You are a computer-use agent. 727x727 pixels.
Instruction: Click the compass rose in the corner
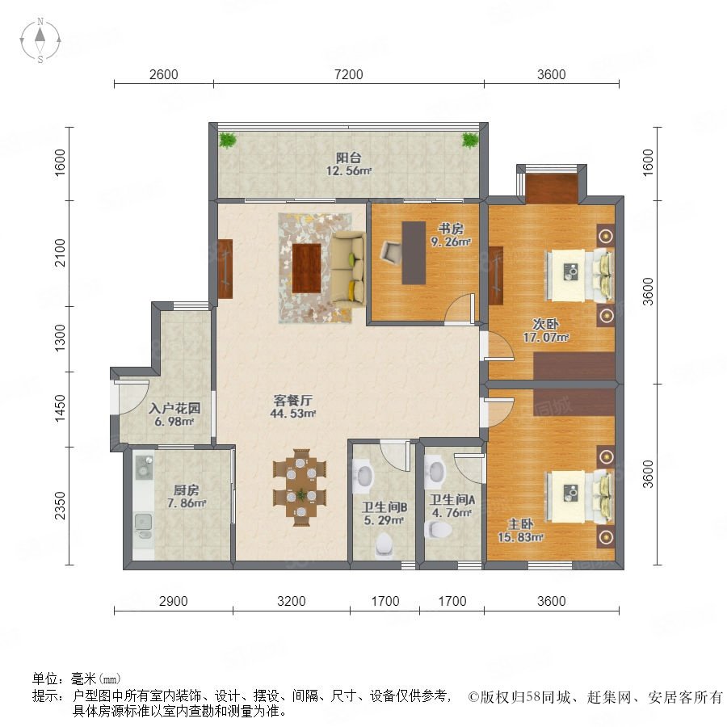pyautogui.click(x=40, y=40)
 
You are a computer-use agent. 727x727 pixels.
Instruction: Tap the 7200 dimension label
pyautogui.click(x=349, y=74)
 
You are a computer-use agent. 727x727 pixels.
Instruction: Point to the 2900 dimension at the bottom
pyautogui.click(x=174, y=601)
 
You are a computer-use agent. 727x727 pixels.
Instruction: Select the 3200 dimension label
pyautogui.click(x=291, y=601)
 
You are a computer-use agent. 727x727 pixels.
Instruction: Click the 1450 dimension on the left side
pyautogui.click(x=61, y=409)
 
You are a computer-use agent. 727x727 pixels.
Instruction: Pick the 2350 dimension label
pyautogui.click(x=61, y=506)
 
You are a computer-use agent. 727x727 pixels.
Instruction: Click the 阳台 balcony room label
pyautogui.click(x=349, y=158)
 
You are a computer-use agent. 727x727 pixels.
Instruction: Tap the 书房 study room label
pyautogui.click(x=451, y=229)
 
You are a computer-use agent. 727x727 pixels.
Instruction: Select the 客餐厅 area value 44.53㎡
pyautogui.click(x=293, y=414)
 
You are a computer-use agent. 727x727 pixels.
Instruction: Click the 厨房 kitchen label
pyautogui.click(x=187, y=490)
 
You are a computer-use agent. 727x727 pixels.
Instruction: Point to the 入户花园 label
pyautogui.click(x=174, y=409)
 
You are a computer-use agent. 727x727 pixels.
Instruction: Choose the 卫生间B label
pyautogui.click(x=385, y=508)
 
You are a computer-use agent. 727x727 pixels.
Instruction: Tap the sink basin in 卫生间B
pyautogui.click(x=364, y=476)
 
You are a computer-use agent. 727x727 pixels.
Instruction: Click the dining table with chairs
pyautogui.click(x=300, y=487)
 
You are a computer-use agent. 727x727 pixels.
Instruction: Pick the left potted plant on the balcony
pyautogui.click(x=227, y=140)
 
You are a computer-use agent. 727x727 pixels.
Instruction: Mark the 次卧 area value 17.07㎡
pyautogui.click(x=546, y=338)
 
